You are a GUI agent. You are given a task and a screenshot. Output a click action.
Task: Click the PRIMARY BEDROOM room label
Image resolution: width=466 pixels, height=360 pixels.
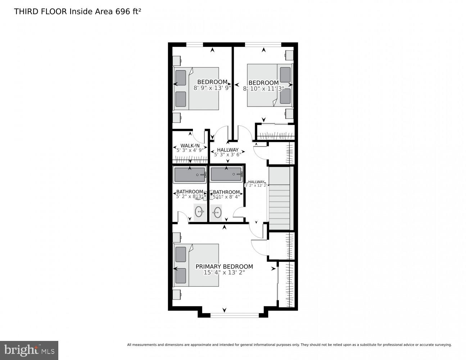pos(224,267)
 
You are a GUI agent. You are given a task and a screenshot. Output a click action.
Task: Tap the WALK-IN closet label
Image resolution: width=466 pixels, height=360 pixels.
pos(190,146)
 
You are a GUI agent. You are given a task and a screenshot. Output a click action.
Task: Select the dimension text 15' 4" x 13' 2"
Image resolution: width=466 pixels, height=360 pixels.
pos(224,273)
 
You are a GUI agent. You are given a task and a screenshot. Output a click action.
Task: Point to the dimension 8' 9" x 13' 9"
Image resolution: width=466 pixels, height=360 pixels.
pos(212,87)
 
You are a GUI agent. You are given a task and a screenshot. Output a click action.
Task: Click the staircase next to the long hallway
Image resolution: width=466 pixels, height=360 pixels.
pos(279,198)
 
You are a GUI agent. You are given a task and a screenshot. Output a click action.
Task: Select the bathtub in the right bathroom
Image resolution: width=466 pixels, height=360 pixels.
pos(226,175)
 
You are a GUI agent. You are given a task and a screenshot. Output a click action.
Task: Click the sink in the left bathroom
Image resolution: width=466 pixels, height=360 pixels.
pos(200,212)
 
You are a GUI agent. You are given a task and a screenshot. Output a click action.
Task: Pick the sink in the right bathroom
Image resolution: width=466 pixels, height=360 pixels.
pos(217,212)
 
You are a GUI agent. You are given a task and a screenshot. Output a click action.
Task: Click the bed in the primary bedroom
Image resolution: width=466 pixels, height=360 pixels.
pos(196,265)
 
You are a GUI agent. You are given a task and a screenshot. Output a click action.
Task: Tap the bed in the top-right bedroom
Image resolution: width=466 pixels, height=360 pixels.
pos(270,85)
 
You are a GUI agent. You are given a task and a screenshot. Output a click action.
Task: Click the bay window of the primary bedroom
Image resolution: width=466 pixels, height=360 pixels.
pos(234,315)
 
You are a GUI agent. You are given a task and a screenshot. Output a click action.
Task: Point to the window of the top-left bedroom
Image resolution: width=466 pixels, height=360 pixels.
pos(195,45)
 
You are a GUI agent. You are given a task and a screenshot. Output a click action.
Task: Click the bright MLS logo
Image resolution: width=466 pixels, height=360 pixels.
pos(29,350)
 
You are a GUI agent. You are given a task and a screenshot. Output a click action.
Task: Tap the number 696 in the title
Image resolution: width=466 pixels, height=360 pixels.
pos(122,12)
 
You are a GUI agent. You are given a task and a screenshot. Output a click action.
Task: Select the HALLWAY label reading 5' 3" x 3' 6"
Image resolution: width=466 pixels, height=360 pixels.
pos(227,152)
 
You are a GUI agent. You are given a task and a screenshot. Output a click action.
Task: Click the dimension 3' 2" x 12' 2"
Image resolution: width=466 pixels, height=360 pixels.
pos(256,185)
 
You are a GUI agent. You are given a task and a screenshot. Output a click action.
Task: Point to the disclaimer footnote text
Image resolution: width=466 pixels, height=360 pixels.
pos(289,345)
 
